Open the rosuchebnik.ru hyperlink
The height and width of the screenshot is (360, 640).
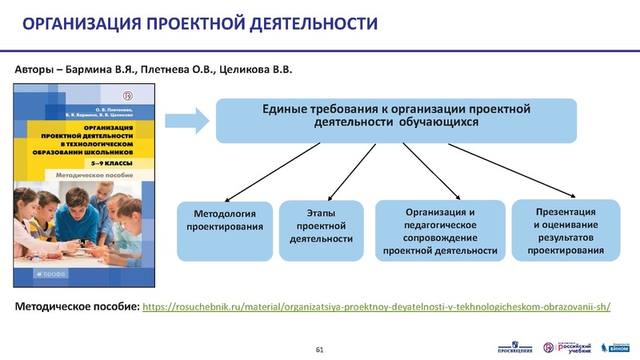[x=376, y=307]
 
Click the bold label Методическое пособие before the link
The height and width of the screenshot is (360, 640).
[x=78, y=307]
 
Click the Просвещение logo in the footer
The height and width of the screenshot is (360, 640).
[x=514, y=347]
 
